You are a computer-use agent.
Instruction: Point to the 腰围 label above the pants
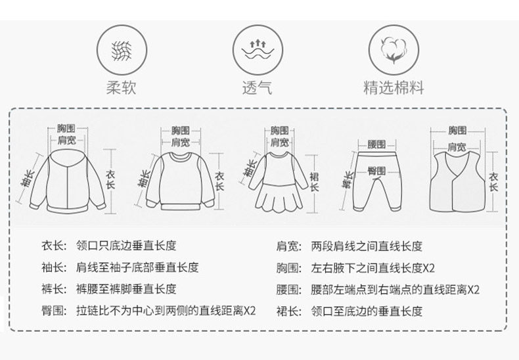[x=376, y=145]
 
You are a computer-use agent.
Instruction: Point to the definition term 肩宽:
[x=288, y=246]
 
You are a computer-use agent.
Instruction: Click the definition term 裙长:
[x=288, y=311]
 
